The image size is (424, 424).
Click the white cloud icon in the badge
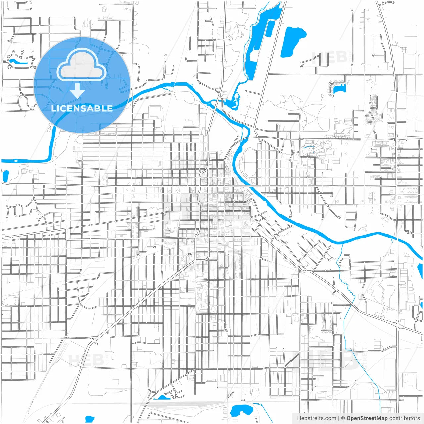[81, 65]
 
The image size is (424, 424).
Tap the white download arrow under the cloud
[77, 91]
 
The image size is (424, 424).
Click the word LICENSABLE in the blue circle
[82, 108]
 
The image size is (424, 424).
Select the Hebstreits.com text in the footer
[316, 418]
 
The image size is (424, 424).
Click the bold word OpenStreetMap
[367, 418]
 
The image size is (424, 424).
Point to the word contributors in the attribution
[404, 418]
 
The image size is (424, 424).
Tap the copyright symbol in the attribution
[343, 418]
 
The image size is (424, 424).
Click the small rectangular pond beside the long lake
[270, 28]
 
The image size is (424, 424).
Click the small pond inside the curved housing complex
[339, 89]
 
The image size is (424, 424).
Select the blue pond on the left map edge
[5, 176]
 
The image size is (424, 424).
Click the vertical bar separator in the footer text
[338, 418]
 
